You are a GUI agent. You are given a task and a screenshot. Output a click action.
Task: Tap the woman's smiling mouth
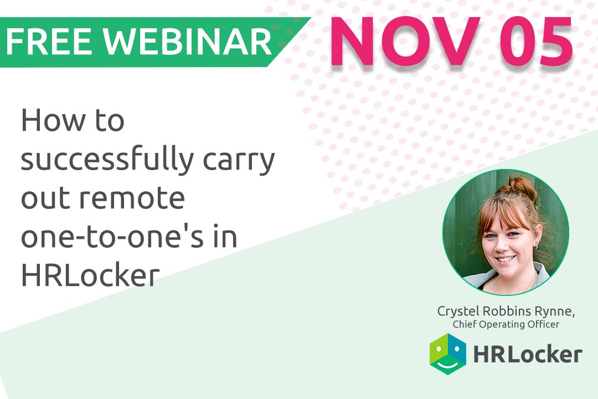(x=506, y=258)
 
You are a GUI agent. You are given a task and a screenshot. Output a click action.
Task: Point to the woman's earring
(x=536, y=244)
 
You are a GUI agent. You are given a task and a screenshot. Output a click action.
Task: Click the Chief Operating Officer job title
(x=506, y=324)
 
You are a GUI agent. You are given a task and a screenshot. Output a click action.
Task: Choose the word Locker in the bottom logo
(x=545, y=354)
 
